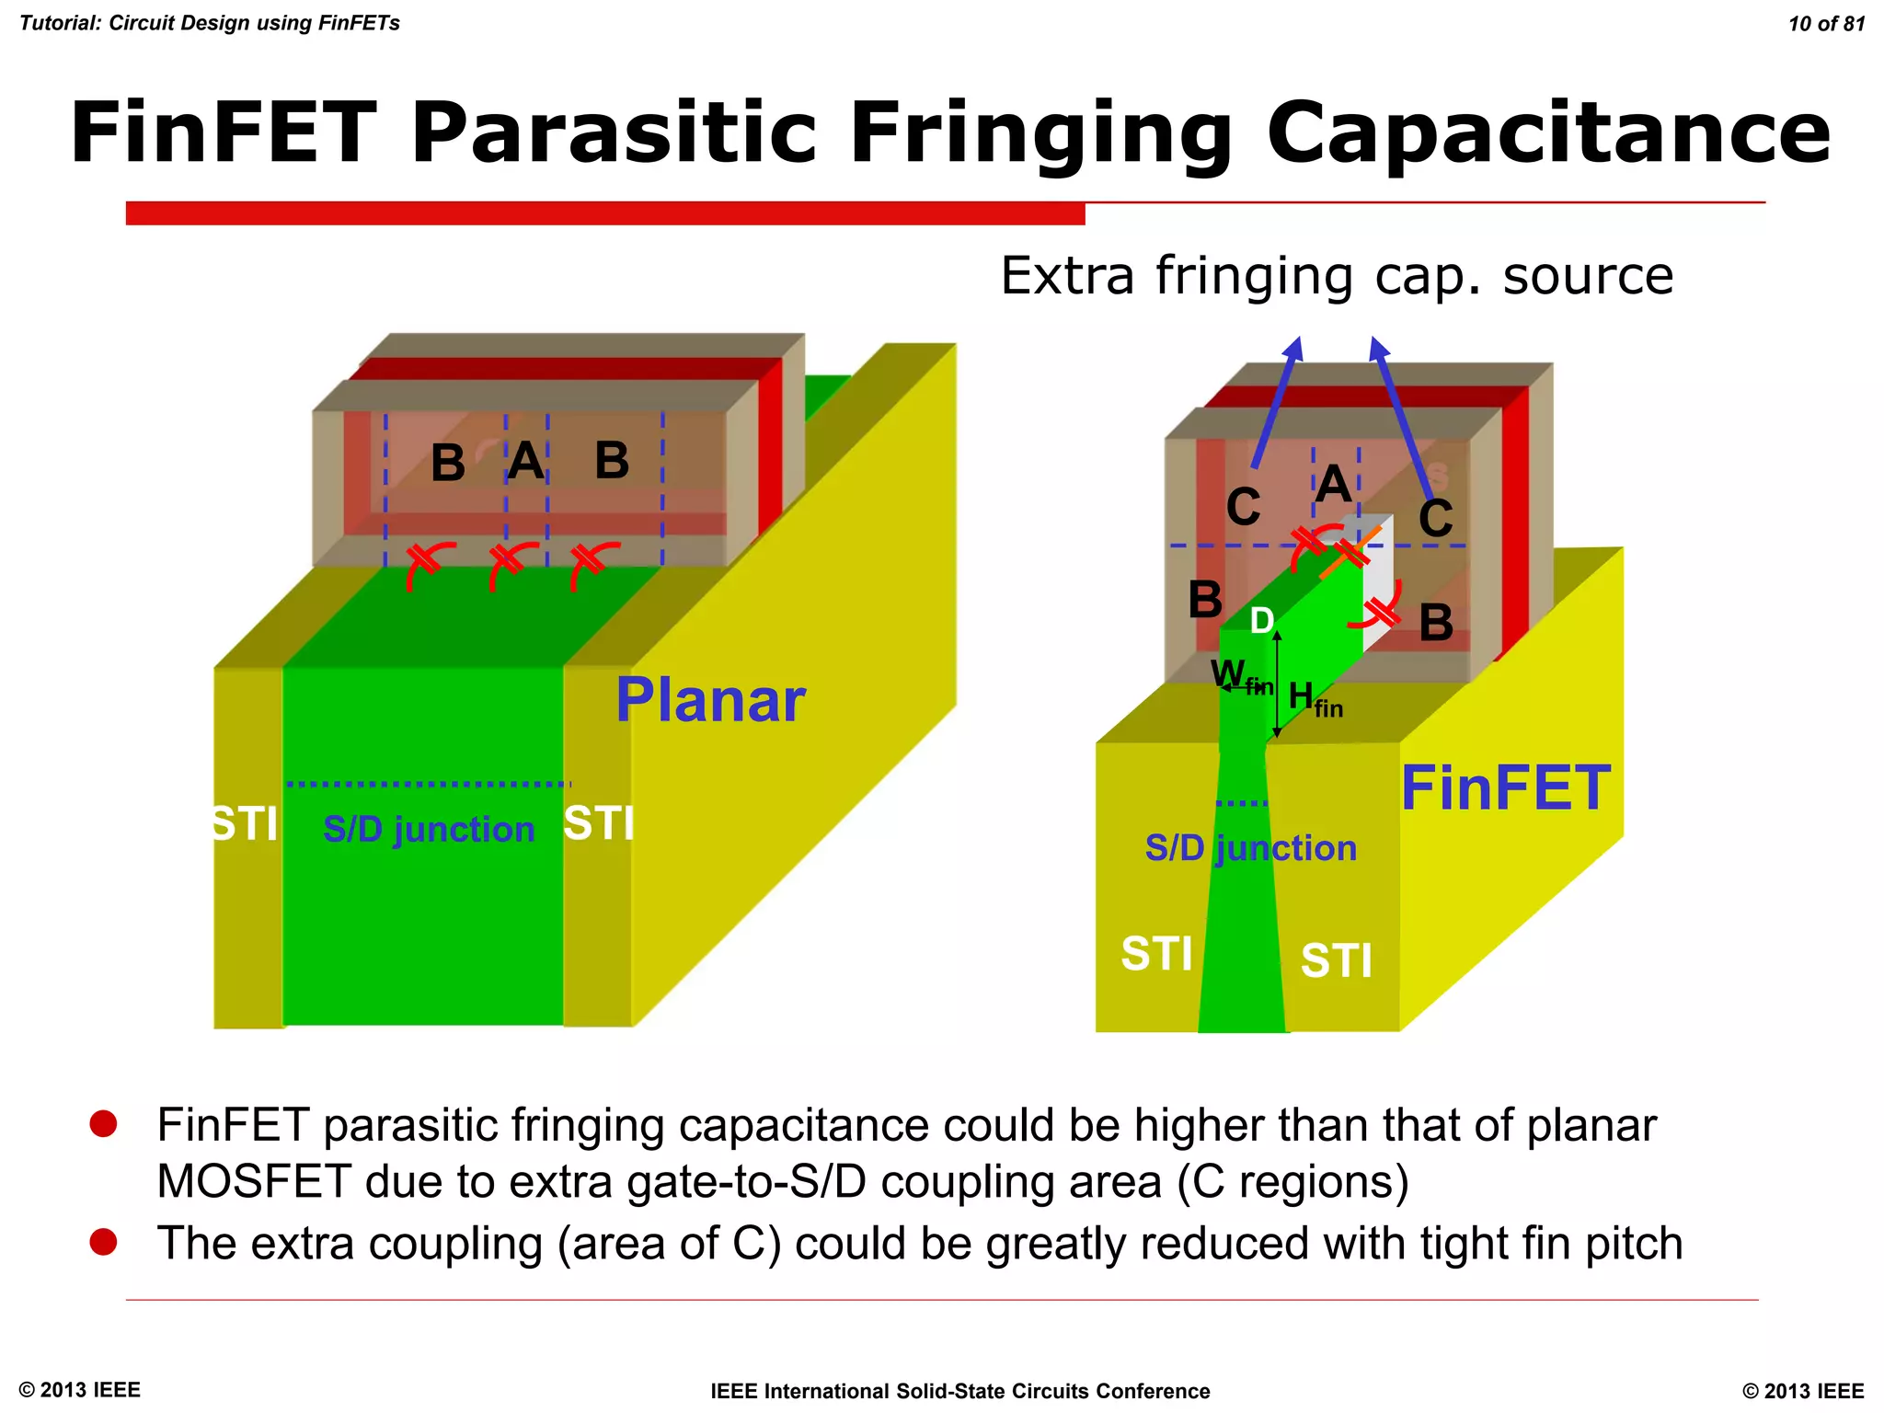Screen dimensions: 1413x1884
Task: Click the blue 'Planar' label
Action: pos(710,700)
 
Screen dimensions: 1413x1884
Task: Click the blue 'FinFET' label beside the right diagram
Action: pos(1505,788)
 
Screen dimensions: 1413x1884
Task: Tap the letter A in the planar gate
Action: pos(526,460)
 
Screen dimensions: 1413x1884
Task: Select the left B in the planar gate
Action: pos(448,463)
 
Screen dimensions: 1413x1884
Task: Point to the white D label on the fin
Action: pos(1262,621)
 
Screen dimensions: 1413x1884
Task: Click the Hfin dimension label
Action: pos(1315,698)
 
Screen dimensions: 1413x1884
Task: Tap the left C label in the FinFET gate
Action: pos(1243,507)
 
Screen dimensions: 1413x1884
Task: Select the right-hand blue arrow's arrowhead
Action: pos(1377,349)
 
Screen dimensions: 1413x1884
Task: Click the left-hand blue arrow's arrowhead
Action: pos(1294,349)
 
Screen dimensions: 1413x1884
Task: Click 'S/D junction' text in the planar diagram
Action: pos(429,829)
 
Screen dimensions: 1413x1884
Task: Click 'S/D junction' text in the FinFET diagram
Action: pos(1250,847)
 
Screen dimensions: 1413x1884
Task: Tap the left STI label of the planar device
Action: pos(244,823)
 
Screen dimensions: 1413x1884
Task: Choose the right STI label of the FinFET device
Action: pos(1336,960)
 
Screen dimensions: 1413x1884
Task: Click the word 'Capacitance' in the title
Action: pos(1548,133)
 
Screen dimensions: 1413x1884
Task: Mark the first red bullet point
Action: pos(103,1123)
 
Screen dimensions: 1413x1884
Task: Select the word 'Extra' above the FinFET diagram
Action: pos(1067,275)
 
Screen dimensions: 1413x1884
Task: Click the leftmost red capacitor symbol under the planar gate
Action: pos(424,563)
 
